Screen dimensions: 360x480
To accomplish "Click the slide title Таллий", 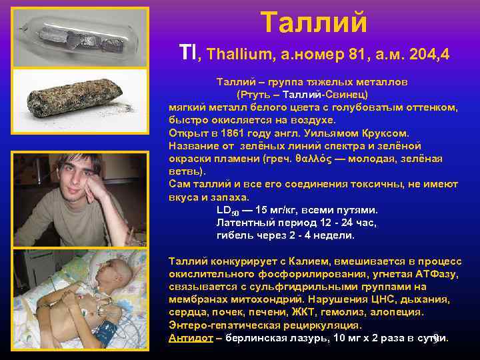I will click(x=313, y=21).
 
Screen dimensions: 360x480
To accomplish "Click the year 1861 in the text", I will click(x=230, y=133).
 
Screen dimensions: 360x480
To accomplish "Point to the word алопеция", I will click(x=399, y=312).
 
